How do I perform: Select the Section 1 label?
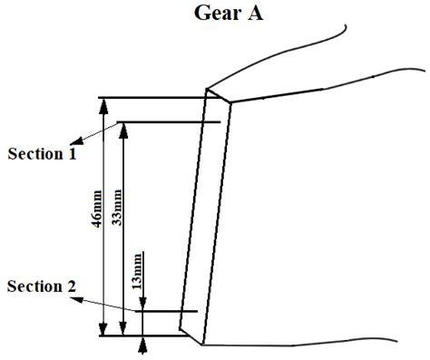[x=42, y=154]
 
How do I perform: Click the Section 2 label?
[x=42, y=287]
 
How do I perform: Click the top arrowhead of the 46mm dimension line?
[x=105, y=102]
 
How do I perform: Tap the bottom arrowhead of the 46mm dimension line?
[x=105, y=330]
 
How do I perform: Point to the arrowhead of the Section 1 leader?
[x=75, y=141]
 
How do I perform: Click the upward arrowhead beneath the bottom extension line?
[x=142, y=344]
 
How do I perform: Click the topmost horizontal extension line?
[x=154, y=97]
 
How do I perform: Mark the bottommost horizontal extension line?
[x=145, y=336]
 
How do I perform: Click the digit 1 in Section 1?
[x=72, y=154]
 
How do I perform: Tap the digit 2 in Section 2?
[x=72, y=287]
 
